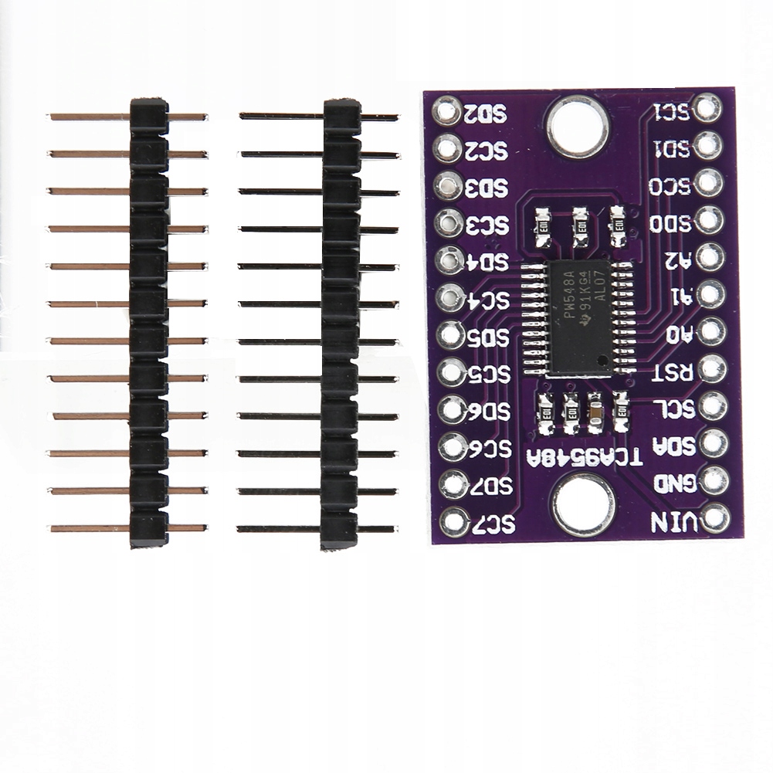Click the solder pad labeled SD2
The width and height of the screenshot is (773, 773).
pyautogui.click(x=447, y=110)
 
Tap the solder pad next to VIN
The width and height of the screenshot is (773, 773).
pyautogui.click(x=716, y=517)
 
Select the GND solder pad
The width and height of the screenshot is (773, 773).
pyautogui.click(x=714, y=480)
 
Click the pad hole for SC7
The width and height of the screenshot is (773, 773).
pyautogui.click(x=454, y=522)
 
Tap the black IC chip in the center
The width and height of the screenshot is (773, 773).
pyautogui.click(x=579, y=317)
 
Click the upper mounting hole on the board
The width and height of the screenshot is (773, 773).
pyautogui.click(x=575, y=124)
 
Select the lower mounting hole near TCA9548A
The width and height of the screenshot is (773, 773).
pyautogui.click(x=583, y=503)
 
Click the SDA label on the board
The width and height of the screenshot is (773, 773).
pyautogui.click(x=673, y=446)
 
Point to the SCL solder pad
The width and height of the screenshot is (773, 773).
pyautogui.click(x=712, y=406)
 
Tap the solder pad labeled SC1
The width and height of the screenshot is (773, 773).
pyautogui.click(x=707, y=108)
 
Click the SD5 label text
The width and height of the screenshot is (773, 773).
pyautogui.click(x=490, y=337)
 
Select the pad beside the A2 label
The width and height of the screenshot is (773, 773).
pyautogui.click(x=710, y=256)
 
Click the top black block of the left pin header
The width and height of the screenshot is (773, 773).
pyautogui.click(x=149, y=116)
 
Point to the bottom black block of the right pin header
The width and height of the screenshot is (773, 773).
pyautogui.click(x=340, y=530)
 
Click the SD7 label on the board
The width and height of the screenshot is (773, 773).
pyautogui.click(x=494, y=486)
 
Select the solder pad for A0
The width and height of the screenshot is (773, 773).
pyautogui.click(x=711, y=331)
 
